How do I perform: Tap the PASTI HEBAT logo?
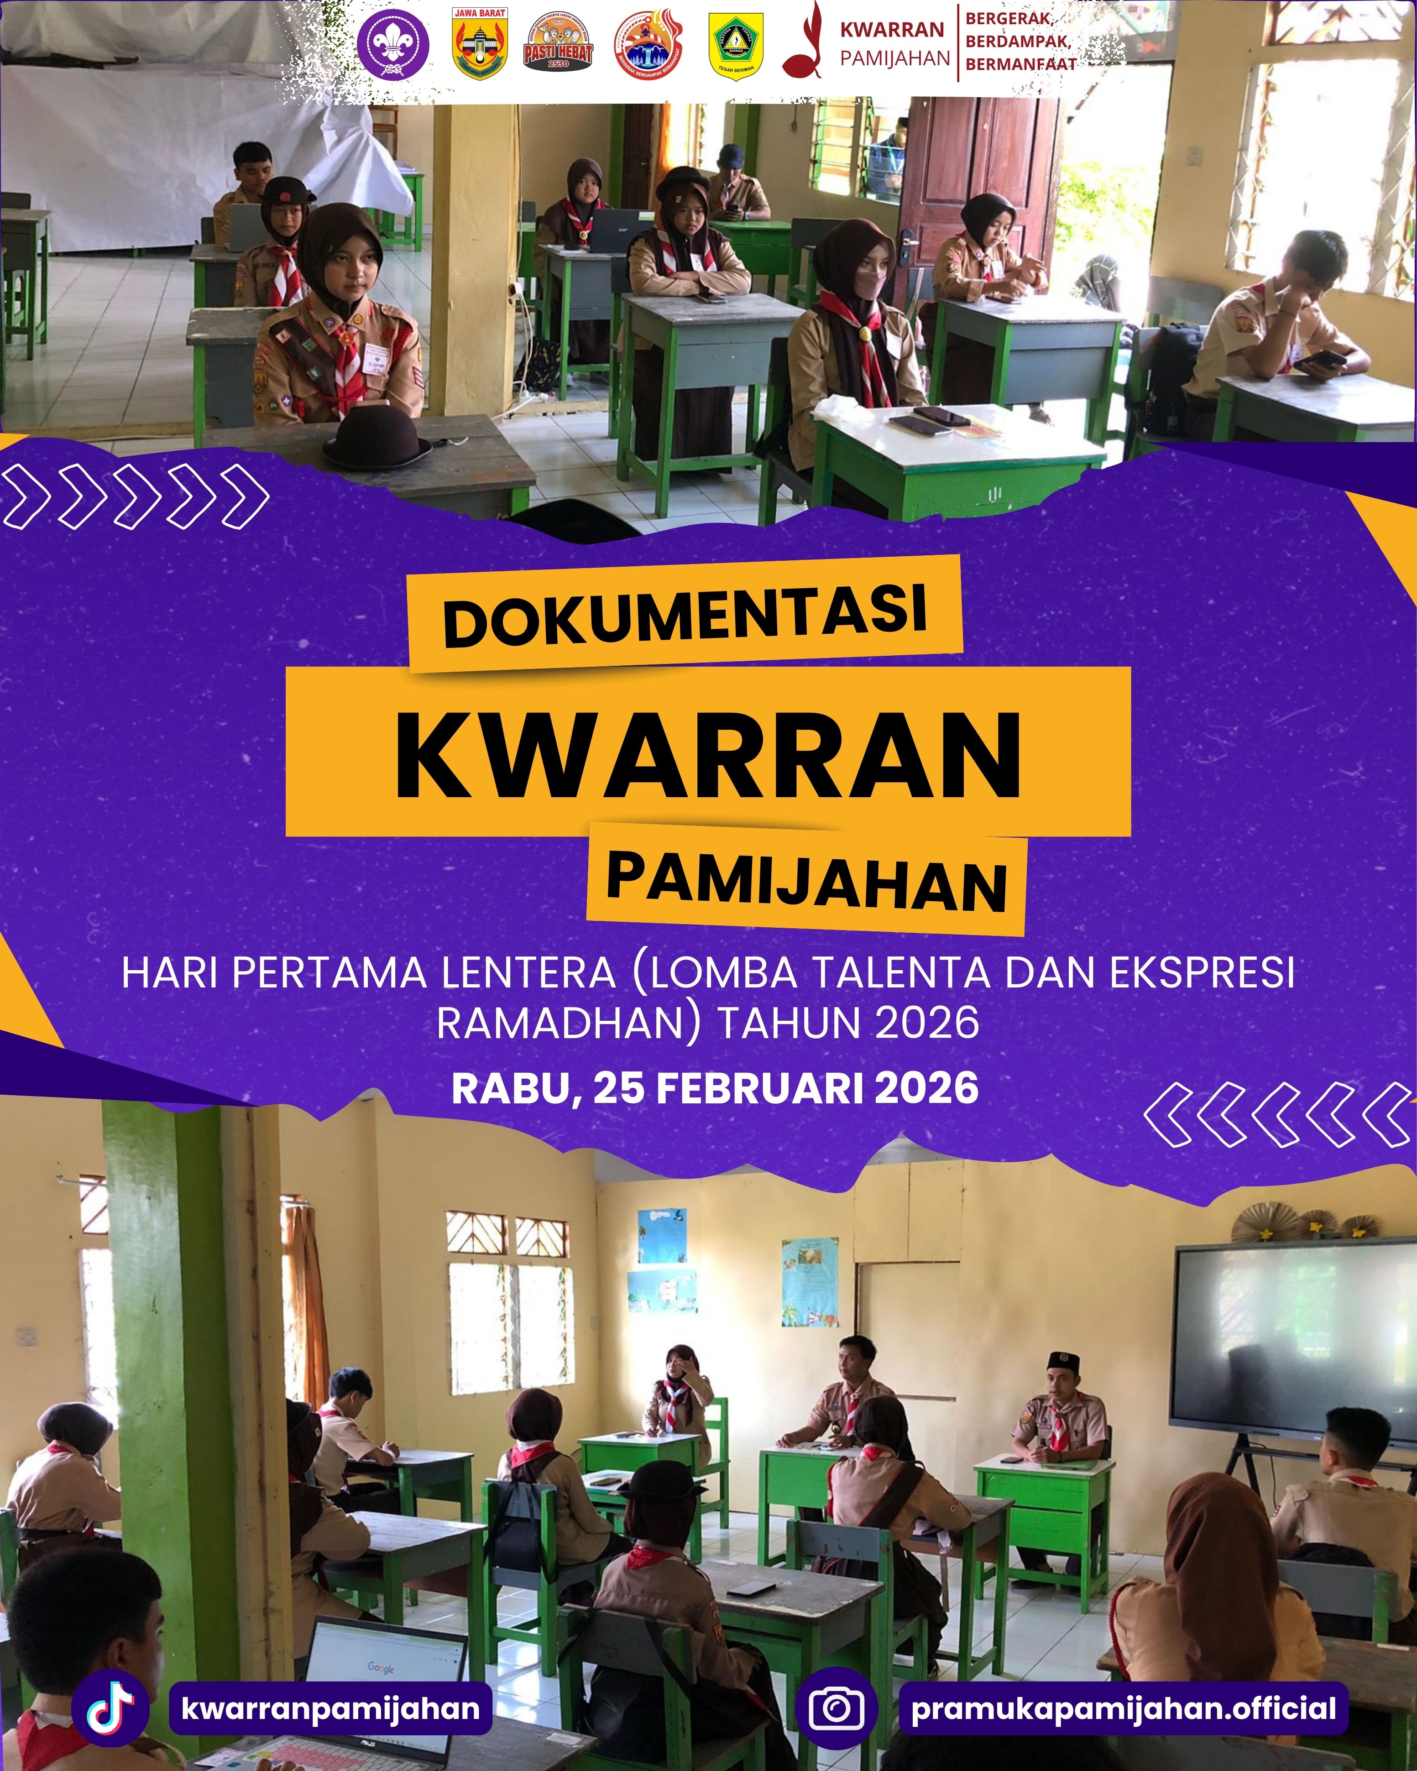tap(558, 51)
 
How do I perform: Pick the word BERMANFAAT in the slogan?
tap(1020, 63)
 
